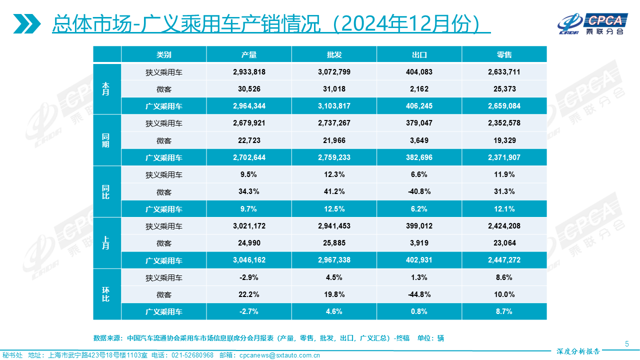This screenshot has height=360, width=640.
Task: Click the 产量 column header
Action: pyautogui.click(x=248, y=54)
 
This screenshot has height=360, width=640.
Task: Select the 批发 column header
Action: pyautogui.click(x=334, y=54)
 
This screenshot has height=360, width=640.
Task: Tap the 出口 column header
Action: pyautogui.click(x=419, y=54)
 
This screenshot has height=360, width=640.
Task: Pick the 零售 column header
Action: pyautogui.click(x=504, y=54)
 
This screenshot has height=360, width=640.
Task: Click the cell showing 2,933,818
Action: pyautogui.click(x=249, y=72)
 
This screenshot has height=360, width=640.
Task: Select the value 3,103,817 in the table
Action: pyautogui.click(x=334, y=106)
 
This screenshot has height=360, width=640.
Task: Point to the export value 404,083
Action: pyautogui.click(x=419, y=72)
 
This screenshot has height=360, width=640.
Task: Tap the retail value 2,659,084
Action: pyautogui.click(x=504, y=106)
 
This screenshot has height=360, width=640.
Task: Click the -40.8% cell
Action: pyautogui.click(x=419, y=192)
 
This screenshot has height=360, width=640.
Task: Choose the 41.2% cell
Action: pyautogui.click(x=334, y=192)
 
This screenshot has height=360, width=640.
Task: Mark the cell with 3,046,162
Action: pyautogui.click(x=249, y=260)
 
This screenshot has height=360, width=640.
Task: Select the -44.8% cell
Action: pyautogui.click(x=419, y=294)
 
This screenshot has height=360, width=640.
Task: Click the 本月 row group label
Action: pyautogui.click(x=106, y=89)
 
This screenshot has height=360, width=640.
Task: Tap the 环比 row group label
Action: pyautogui.click(x=106, y=294)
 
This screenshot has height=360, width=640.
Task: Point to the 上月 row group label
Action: pyautogui.click(x=106, y=243)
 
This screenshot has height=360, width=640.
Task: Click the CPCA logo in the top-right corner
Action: pyautogui.click(x=592, y=23)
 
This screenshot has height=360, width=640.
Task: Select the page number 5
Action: pyautogui.click(x=627, y=343)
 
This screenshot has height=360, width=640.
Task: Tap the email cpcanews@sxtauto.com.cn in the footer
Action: pyautogui.click(x=279, y=355)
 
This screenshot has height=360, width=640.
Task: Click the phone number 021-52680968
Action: pyautogui.click(x=192, y=355)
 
